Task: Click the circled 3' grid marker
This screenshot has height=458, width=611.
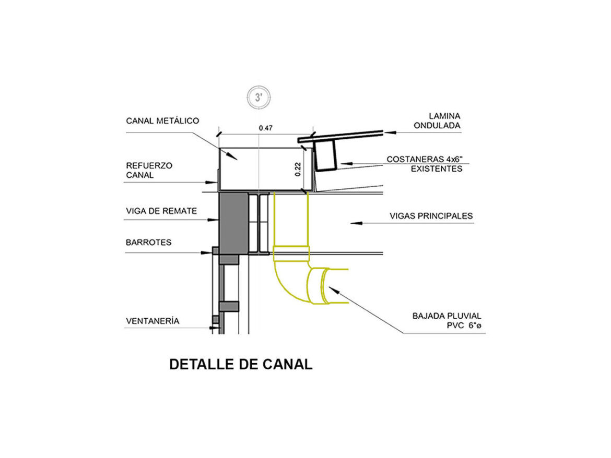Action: click(x=258, y=97)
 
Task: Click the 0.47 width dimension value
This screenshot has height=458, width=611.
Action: click(x=265, y=128)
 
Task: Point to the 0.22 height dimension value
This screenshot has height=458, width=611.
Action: click(x=298, y=169)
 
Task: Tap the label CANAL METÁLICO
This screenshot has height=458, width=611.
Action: click(x=162, y=120)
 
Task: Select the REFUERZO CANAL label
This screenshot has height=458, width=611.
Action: click(x=149, y=170)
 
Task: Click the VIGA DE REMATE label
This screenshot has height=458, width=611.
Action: click(x=161, y=211)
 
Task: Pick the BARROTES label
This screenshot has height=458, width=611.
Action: click(x=148, y=243)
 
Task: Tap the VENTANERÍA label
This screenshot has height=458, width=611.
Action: click(x=152, y=321)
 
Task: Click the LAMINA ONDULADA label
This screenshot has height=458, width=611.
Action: click(x=437, y=120)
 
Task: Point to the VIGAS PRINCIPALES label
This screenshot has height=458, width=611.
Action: click(x=431, y=216)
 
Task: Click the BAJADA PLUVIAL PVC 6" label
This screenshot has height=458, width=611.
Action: click(x=446, y=321)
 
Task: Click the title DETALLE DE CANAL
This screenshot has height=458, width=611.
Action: click(x=241, y=364)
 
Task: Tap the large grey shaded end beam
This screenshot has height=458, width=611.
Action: click(x=233, y=224)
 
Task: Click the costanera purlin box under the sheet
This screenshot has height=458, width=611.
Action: click(x=326, y=155)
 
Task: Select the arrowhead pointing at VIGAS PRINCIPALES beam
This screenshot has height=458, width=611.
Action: click(x=356, y=223)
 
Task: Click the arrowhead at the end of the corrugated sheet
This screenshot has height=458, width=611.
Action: click(x=390, y=132)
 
